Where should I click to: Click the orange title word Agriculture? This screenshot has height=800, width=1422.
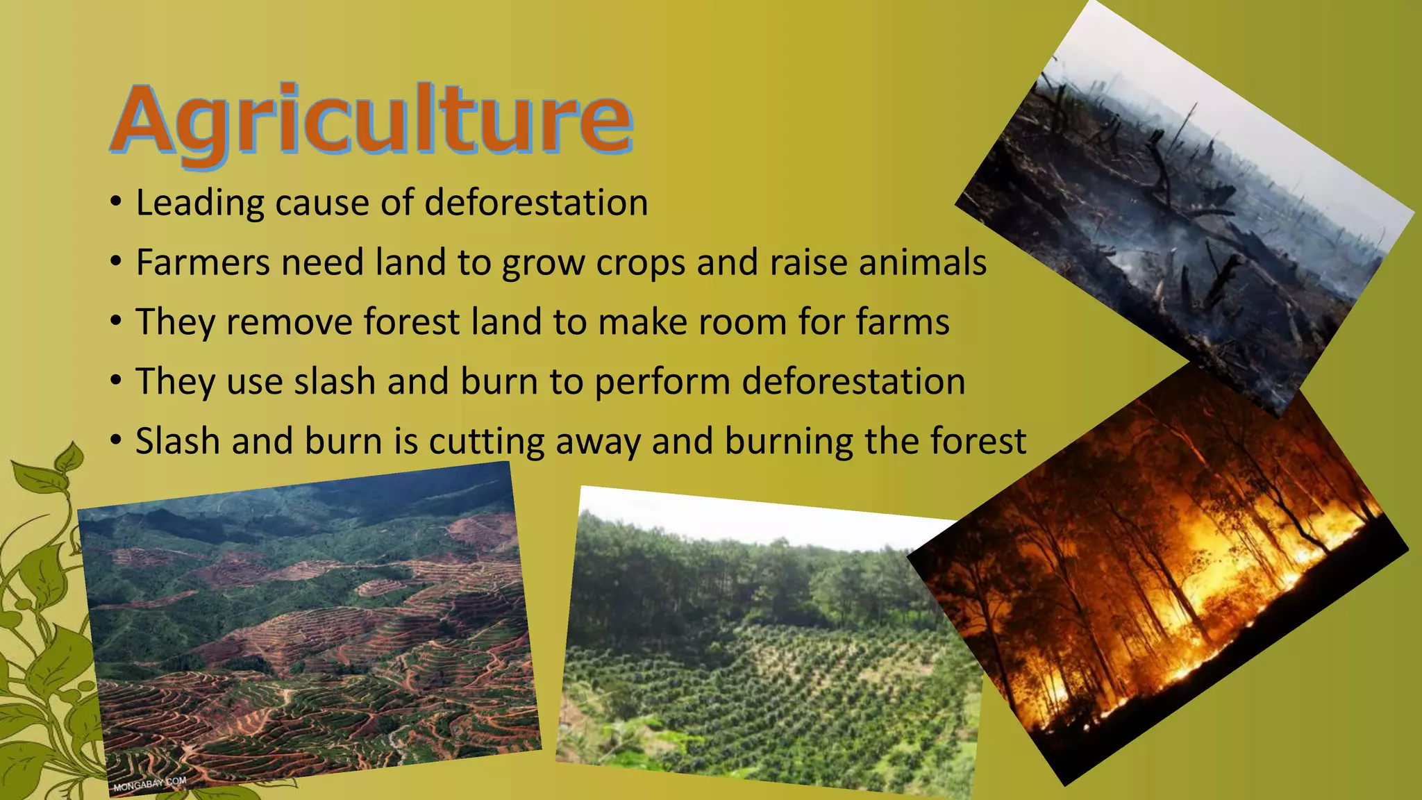(x=371, y=119)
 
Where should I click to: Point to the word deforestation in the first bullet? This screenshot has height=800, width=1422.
(x=536, y=203)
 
